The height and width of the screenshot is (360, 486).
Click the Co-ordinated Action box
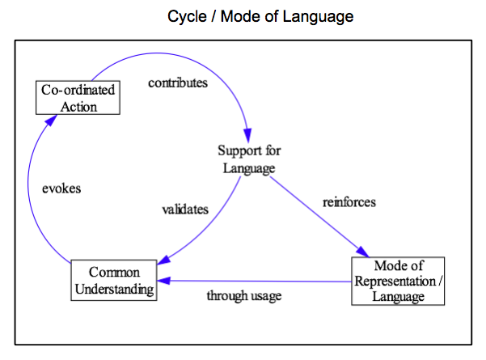coord(78,98)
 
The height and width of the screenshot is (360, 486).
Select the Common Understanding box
coord(114,280)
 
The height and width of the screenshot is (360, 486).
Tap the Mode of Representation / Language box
coord(398,281)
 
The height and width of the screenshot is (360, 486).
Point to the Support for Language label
coord(249,159)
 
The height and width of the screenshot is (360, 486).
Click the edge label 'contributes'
coord(178,83)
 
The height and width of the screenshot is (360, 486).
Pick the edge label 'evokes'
coord(61,188)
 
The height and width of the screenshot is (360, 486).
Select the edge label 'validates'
coord(185,210)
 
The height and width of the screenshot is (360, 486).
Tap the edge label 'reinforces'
coord(349,202)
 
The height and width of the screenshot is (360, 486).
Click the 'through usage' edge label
coord(244,295)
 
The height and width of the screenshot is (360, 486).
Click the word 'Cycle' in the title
coord(187,16)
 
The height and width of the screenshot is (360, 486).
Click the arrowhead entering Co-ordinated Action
coord(51,120)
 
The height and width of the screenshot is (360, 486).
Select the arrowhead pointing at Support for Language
coord(247,135)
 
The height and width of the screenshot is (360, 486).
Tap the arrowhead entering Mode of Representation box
coord(362,252)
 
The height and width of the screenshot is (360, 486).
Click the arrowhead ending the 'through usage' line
coord(164,281)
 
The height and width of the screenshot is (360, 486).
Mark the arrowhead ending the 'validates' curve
coord(163,260)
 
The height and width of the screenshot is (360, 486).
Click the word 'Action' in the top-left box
coord(78,107)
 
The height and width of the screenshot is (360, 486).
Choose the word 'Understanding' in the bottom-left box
coord(114,290)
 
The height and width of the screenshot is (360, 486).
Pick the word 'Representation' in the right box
coord(395,282)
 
